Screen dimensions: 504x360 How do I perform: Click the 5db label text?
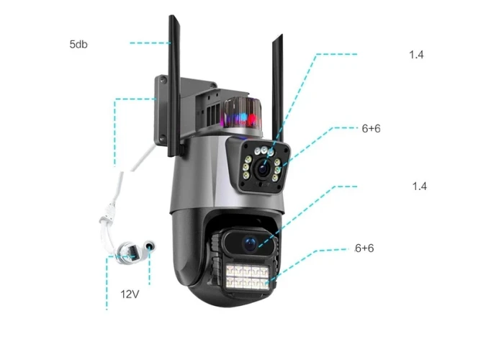point(78,44)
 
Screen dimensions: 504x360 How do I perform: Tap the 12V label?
point(130,294)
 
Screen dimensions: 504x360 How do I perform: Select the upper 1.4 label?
point(416,55)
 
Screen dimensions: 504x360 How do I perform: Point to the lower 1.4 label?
point(420,186)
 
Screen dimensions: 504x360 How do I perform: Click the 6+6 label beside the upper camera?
point(371,128)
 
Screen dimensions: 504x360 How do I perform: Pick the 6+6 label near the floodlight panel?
point(364,248)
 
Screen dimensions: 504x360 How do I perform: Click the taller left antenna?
point(174,86)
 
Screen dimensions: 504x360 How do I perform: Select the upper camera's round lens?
point(263,168)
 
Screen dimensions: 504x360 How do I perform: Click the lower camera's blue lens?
point(250,244)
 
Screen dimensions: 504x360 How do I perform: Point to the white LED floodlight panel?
point(247,276)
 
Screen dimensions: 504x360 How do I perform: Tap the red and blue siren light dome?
point(243,113)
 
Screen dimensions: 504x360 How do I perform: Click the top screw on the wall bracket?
point(163,79)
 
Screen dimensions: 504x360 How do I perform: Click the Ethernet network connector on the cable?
point(127,253)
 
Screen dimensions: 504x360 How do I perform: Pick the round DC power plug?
point(149,247)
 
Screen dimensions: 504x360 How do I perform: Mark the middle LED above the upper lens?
point(264,150)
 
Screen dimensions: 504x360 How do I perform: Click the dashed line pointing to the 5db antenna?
point(150,42)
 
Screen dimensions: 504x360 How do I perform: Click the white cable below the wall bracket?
point(119,196)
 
